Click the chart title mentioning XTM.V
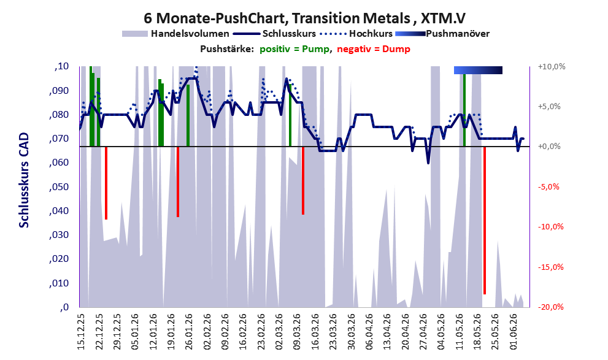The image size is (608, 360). (x=304, y=18)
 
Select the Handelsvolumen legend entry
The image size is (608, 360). (x=175, y=34)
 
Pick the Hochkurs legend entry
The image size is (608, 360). (x=356, y=34)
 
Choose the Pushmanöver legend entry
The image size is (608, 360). (x=442, y=34)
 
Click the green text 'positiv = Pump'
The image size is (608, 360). (x=294, y=49)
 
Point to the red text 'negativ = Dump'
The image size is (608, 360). (x=374, y=49)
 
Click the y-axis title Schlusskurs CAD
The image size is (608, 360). (x=24, y=180)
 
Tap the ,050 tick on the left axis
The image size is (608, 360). (x=59, y=187)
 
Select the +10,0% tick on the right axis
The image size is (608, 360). (x=552, y=67)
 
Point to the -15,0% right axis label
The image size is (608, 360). (x=551, y=267)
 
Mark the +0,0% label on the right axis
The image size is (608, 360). (x=549, y=147)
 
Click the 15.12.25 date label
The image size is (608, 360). (x=80, y=332)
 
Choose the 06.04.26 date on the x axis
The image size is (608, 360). (x=369, y=332)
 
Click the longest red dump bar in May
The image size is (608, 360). (x=485, y=220)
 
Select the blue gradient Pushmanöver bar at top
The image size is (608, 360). (x=478, y=70)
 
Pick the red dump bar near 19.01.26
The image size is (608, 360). (x=178, y=182)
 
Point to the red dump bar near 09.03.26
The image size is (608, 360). (x=303, y=180)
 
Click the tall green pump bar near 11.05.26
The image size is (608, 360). (x=464, y=110)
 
